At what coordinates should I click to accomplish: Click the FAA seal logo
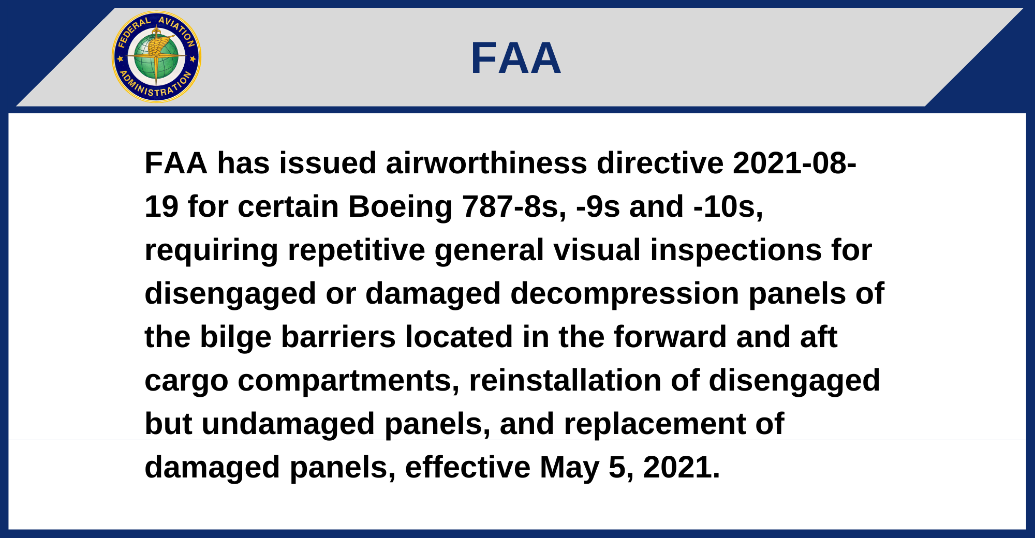pyautogui.click(x=156, y=57)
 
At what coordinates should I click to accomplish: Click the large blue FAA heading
pyautogui.click(x=516, y=58)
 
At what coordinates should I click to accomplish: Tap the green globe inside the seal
pyautogui.click(x=156, y=57)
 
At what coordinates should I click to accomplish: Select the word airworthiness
pyautogui.click(x=486, y=163)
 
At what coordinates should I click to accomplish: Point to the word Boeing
pyautogui.click(x=401, y=207)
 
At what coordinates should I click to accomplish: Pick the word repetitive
pyautogui.click(x=356, y=250)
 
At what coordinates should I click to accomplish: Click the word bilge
pyautogui.click(x=235, y=337)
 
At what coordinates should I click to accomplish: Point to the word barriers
pyautogui.click(x=338, y=337)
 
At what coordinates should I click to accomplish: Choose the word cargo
pyautogui.click(x=186, y=381)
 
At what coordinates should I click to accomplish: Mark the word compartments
pyautogui.click(x=348, y=381)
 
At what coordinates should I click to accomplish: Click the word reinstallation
pyautogui.click(x=565, y=380)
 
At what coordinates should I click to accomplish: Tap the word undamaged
pyautogui.click(x=288, y=424)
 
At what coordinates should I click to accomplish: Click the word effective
pyautogui.click(x=468, y=467)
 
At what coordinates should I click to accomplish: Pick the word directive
pyautogui.click(x=660, y=163)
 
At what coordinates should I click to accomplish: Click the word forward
pyautogui.click(x=670, y=337)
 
